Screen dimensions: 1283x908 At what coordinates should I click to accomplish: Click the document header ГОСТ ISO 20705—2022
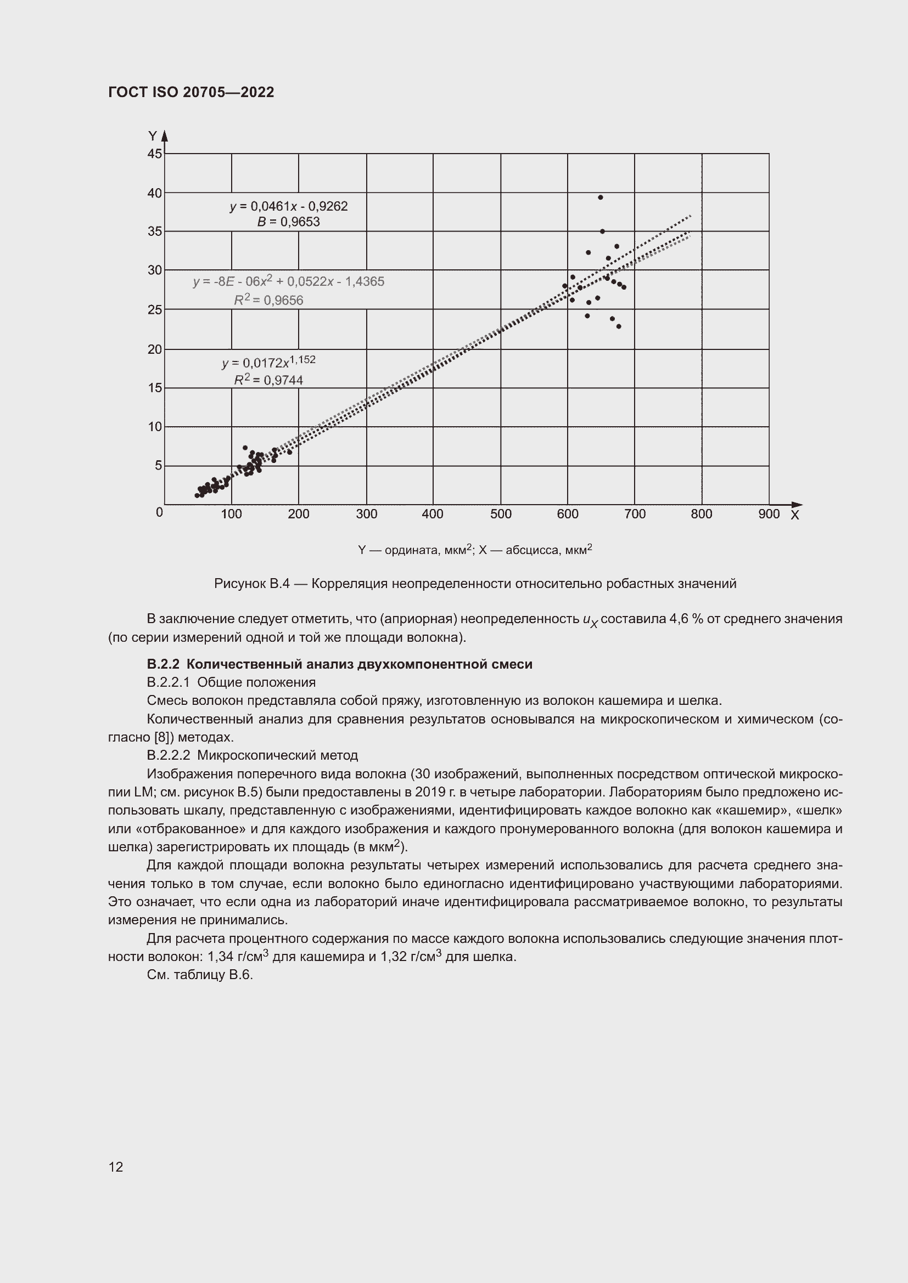coord(191,92)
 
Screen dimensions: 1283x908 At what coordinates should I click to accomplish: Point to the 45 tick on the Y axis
coord(155,154)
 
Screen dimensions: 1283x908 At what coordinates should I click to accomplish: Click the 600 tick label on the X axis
coord(568,514)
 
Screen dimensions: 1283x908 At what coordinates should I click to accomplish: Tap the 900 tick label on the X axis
coord(769,514)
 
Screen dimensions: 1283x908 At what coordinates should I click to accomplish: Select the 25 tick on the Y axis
coord(155,309)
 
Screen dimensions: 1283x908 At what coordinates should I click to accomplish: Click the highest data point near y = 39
coord(601,197)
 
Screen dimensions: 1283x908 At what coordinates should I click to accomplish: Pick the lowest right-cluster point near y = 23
coord(618,326)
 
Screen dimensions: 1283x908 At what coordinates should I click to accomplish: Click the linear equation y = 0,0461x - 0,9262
coord(289,206)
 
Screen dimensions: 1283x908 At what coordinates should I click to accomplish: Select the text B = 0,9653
coord(289,222)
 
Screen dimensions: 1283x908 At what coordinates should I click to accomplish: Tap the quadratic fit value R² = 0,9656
coord(268,300)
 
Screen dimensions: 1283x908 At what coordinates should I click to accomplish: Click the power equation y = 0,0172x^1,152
coord(268,362)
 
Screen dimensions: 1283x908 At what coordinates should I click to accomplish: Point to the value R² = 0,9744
coord(268,380)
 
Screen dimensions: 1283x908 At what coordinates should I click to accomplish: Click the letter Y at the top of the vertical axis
coord(152,136)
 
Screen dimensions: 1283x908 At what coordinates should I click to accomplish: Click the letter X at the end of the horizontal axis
coord(794,515)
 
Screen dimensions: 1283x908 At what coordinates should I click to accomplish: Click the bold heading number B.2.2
coord(162,664)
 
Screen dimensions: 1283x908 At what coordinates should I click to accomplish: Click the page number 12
coord(116,1167)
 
